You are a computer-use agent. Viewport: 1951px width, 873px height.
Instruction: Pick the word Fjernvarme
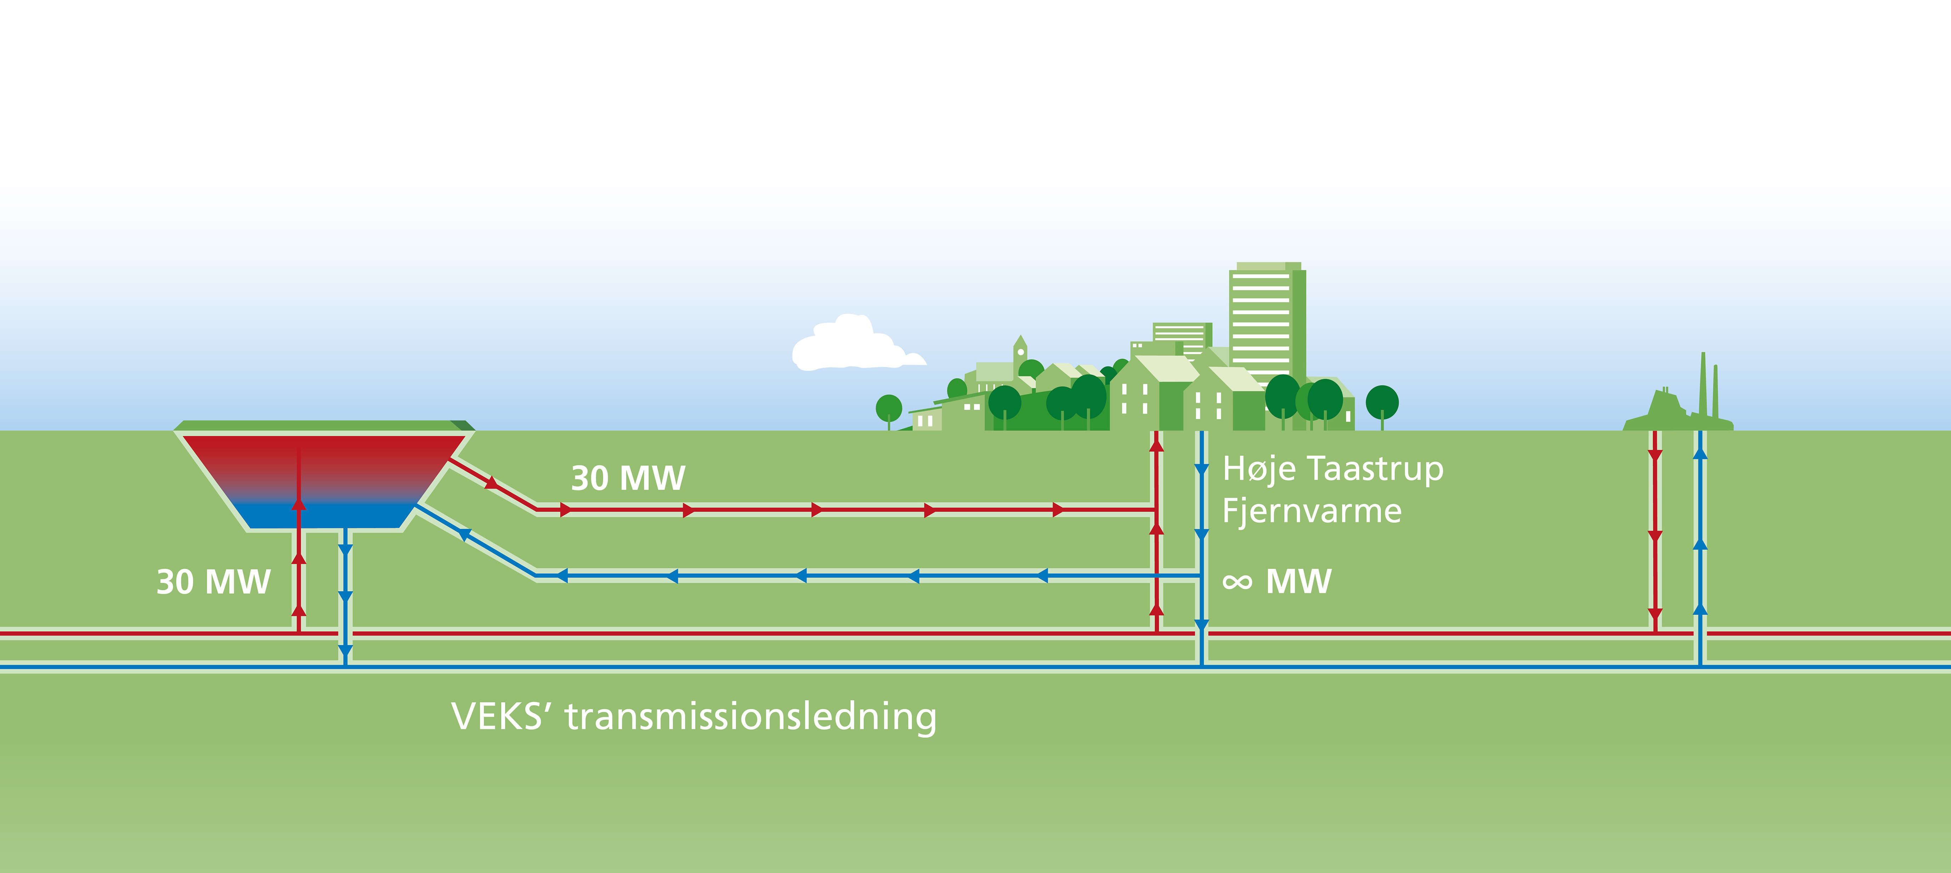(1312, 511)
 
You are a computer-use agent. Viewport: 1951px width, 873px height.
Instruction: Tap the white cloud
(852, 345)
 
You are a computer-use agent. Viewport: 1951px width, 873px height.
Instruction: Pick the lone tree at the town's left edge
(888, 409)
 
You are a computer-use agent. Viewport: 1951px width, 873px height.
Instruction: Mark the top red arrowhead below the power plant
(1655, 456)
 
